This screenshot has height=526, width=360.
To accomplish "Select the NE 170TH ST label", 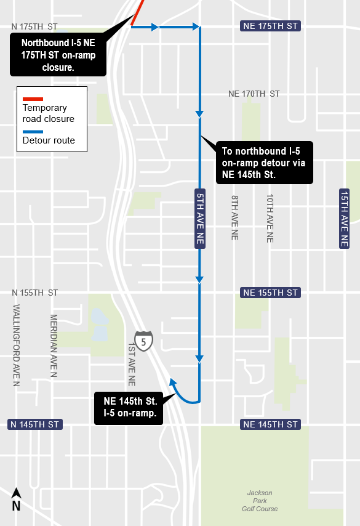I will click(x=254, y=94).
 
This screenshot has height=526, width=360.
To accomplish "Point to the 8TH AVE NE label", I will click(x=234, y=217).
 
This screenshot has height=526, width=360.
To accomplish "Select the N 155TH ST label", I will click(x=34, y=293).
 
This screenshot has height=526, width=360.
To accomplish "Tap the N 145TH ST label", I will click(x=34, y=424).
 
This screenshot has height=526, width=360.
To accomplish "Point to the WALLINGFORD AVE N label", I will click(x=17, y=345).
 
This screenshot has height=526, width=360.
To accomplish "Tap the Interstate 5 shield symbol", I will click(x=143, y=341).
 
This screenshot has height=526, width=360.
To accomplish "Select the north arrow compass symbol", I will click(x=17, y=500).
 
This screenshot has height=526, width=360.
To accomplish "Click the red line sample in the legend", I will click(x=33, y=99).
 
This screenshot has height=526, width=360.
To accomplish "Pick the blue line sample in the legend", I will click(x=33, y=132).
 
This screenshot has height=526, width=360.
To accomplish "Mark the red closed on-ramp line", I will click(x=138, y=12).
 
